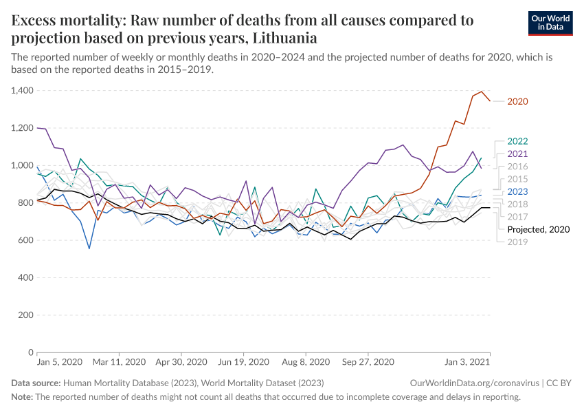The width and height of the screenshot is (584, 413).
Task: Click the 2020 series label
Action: pyautogui.click(x=517, y=102)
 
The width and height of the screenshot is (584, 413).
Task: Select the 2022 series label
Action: pyautogui.click(x=517, y=141)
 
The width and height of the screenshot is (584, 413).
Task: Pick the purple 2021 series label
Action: pyautogui.click(x=517, y=153)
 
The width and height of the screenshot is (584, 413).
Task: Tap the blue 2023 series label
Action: pyautogui.click(x=517, y=191)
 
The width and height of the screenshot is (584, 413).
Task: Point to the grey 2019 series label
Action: pyautogui.click(x=517, y=242)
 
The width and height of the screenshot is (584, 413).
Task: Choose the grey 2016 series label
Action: pyautogui.click(x=517, y=167)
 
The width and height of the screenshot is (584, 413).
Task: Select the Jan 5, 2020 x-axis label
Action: pyautogui.click(x=59, y=362)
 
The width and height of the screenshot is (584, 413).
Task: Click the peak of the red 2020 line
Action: pyautogui.click(x=482, y=92)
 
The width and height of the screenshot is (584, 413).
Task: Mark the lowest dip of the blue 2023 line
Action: pyautogui.click(x=89, y=248)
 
